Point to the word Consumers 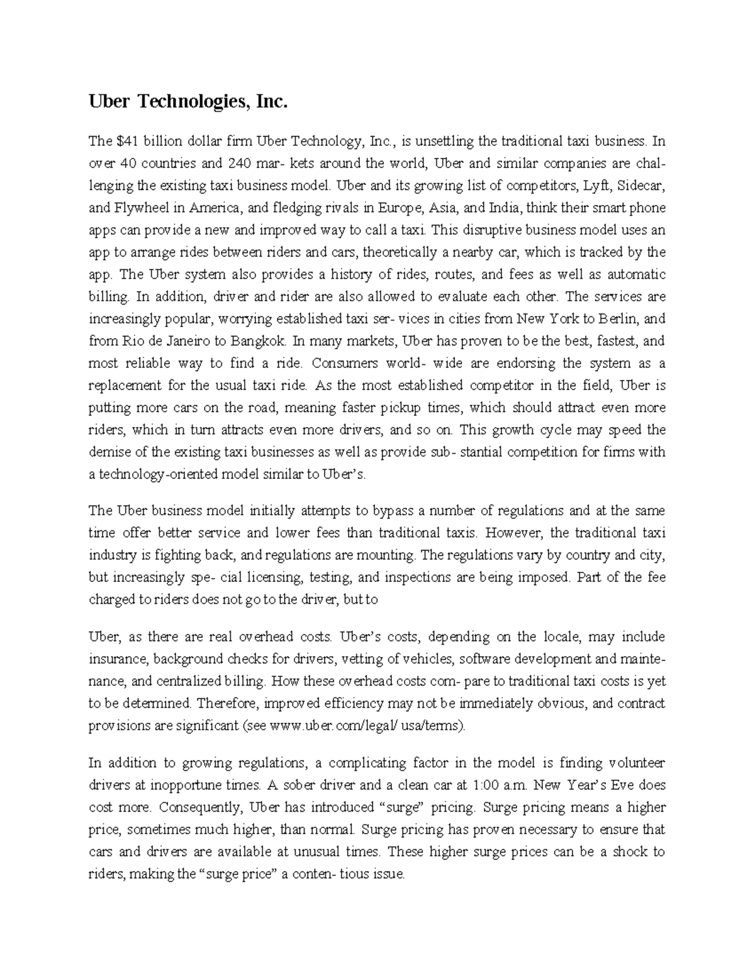[344, 363]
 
